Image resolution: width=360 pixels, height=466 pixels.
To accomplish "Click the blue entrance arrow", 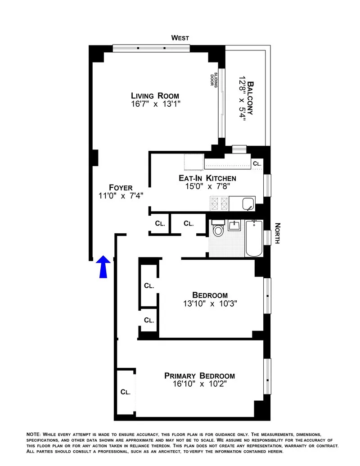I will [x=103, y=266].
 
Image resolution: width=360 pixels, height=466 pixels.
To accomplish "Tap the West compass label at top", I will [x=180, y=38].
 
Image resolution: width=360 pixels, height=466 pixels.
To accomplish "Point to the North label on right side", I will [x=277, y=233].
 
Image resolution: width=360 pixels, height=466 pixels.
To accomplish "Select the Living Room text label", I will [x=155, y=95].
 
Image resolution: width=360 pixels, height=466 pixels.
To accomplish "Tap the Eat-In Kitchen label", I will [x=207, y=178].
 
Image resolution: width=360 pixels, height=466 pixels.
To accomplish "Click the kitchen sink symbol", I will [x=247, y=204].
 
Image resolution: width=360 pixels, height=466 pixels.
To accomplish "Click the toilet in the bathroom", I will [x=218, y=229].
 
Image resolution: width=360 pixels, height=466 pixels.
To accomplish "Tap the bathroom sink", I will [x=234, y=225].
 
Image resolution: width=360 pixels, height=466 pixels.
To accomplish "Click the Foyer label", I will [x=121, y=188].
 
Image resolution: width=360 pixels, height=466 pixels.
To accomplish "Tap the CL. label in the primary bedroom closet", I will [x=125, y=392].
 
